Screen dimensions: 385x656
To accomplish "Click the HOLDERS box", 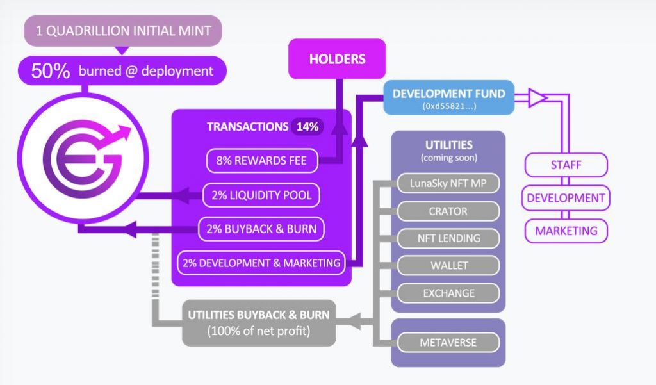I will (337, 59).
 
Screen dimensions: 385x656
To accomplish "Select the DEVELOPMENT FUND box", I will (448, 97).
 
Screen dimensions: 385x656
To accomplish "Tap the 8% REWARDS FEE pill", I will (262, 161).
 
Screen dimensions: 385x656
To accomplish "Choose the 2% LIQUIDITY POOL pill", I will (261, 195).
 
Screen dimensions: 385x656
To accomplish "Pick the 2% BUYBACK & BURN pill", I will (261, 228).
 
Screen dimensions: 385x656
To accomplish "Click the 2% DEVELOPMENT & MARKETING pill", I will (261, 262).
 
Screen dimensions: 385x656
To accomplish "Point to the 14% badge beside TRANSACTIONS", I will (307, 127).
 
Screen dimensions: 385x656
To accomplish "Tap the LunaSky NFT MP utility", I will (447, 184).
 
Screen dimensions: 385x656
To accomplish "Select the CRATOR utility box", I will (448, 211).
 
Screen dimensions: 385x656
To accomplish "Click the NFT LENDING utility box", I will (448, 238).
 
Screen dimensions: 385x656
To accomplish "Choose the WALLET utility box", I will (448, 265).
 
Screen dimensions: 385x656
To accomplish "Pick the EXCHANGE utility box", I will (448, 293).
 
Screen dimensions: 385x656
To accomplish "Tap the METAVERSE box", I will (448, 343).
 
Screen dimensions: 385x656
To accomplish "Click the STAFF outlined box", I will (566, 165).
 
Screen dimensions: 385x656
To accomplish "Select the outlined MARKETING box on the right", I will (566, 231).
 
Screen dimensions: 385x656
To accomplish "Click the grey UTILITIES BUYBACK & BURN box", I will (259, 323).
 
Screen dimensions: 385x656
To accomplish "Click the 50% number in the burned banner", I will (50, 71).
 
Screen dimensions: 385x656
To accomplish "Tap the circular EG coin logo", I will (81, 160).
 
